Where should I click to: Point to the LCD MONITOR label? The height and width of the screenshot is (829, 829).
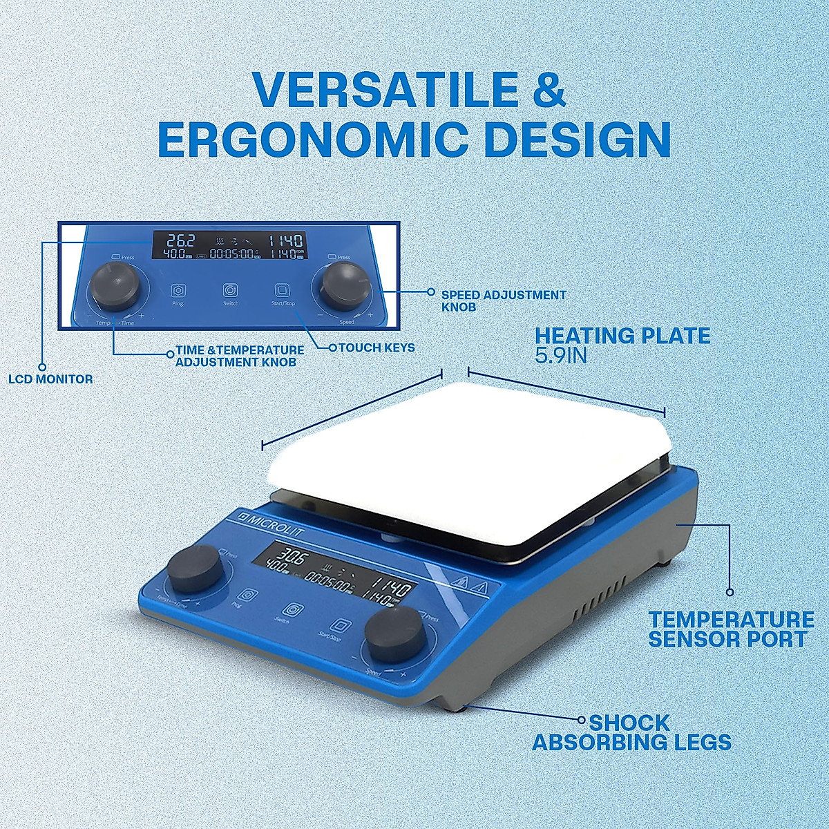point(50,379)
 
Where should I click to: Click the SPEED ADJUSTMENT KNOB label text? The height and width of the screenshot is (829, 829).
point(504,301)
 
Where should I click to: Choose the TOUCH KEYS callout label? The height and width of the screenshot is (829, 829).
point(377,347)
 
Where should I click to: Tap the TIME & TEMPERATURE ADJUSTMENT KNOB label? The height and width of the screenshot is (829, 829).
point(240,356)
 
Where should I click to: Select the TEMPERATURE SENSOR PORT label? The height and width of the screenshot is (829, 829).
point(730,629)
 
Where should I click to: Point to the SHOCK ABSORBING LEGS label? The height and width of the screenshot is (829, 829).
point(631,733)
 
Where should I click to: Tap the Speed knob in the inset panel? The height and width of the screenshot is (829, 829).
point(343,285)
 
